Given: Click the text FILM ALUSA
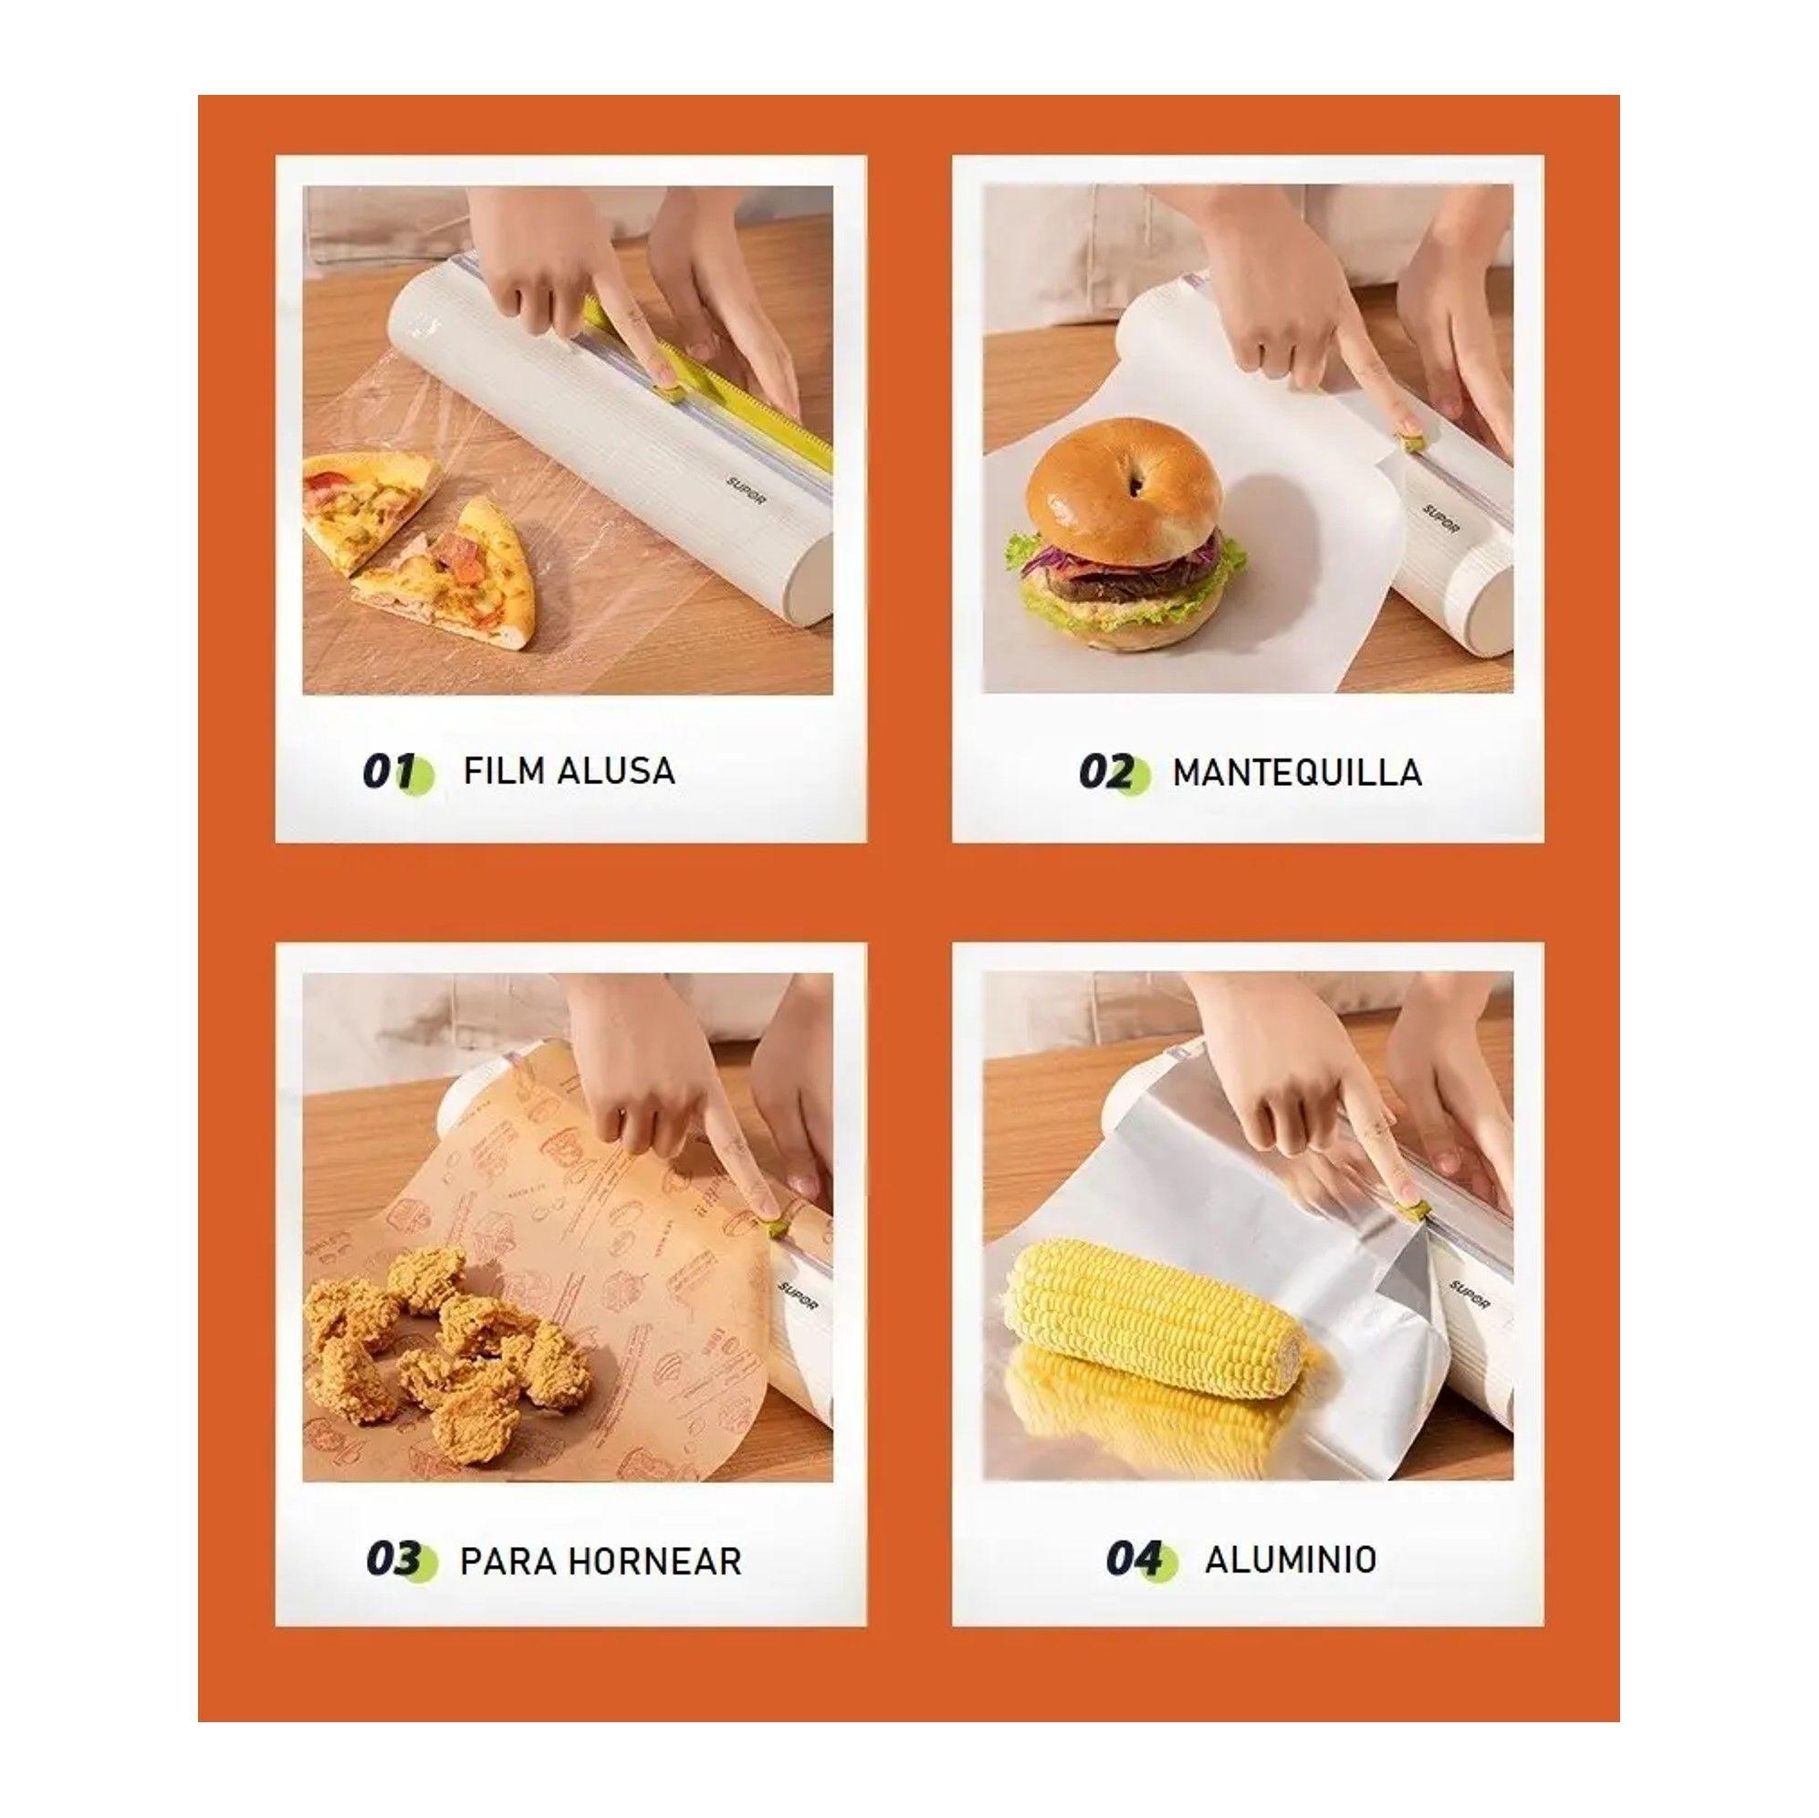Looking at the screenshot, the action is (569, 771).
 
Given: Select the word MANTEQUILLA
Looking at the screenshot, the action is (1296, 772).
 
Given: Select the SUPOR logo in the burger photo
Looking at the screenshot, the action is (1440, 518).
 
